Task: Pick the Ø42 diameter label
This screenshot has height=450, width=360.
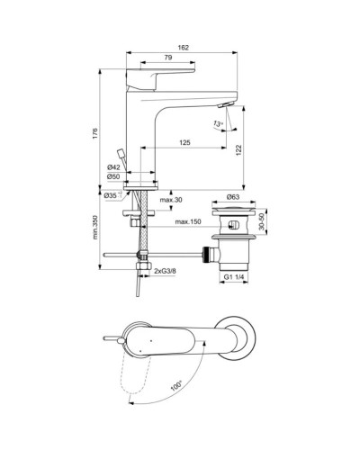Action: [x=113, y=167]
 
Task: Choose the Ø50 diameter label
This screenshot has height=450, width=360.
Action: [x=113, y=177]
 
